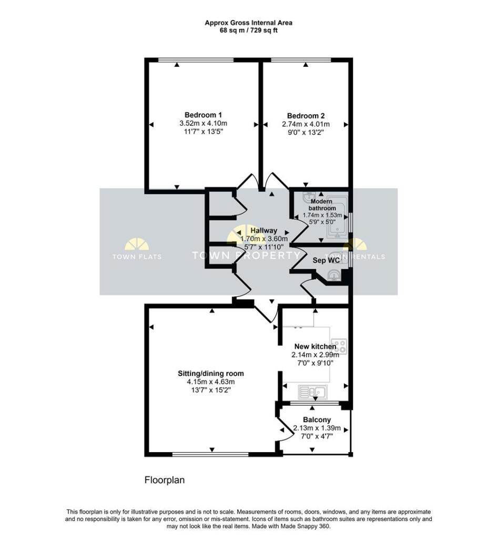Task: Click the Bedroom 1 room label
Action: click(203, 115)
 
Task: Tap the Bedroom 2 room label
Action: click(306, 116)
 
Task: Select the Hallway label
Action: click(264, 231)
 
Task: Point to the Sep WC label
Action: click(326, 260)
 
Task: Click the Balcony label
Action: click(317, 420)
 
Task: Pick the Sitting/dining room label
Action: click(211, 373)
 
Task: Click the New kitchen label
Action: click(315, 346)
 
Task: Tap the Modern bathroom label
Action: click(322, 205)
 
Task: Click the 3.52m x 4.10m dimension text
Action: click(204, 123)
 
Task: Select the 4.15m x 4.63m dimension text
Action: click(211, 382)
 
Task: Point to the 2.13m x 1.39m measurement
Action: click(317, 428)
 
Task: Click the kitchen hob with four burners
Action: click(339, 346)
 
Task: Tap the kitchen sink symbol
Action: click(313, 392)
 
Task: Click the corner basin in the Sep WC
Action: click(334, 275)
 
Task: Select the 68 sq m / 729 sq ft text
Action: click(249, 30)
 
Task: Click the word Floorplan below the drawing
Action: click(165, 480)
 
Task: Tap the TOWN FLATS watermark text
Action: click(137, 256)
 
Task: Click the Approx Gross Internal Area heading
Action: click(249, 23)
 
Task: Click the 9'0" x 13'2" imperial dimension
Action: click(306, 132)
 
